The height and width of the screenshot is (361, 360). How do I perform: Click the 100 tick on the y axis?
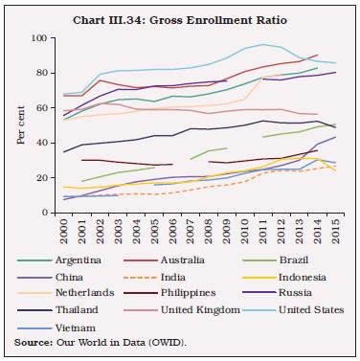tap(39, 37)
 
